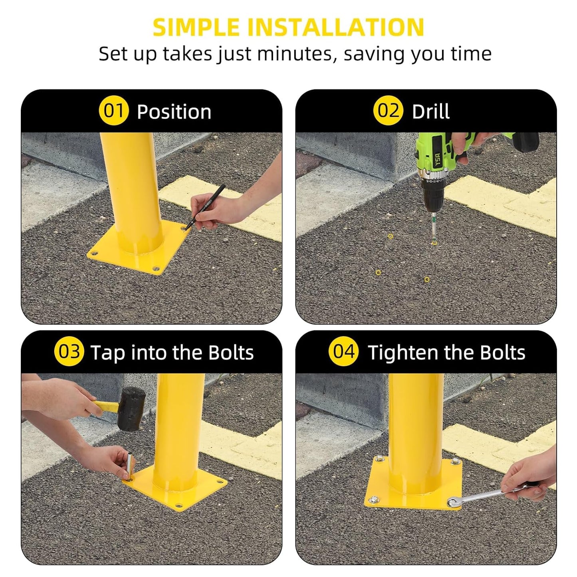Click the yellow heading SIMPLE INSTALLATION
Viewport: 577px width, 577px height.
288,27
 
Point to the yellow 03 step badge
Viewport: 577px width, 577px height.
69,352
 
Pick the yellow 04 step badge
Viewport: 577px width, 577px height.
343,352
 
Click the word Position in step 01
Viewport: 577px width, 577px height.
174,112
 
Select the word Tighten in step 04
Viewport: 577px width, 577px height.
403,353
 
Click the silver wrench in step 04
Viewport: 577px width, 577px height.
479,496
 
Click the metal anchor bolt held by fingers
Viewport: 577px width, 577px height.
130,465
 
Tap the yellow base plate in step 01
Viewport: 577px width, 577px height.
136,256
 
